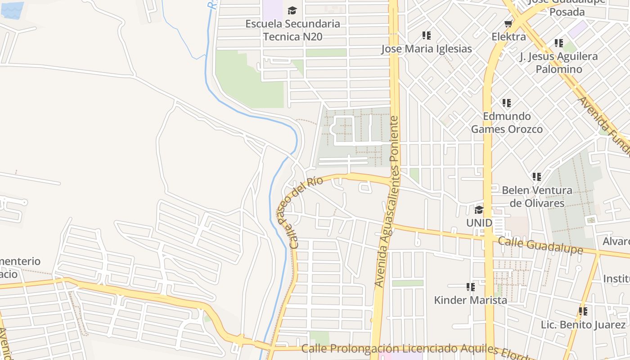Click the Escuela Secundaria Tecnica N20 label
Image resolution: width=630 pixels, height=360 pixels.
[x=292, y=30]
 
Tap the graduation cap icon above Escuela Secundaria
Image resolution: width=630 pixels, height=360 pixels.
[x=292, y=10]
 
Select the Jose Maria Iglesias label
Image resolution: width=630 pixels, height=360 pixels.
[x=427, y=49]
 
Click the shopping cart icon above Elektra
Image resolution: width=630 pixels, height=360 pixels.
[x=508, y=23]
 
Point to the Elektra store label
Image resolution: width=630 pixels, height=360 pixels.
[x=508, y=36]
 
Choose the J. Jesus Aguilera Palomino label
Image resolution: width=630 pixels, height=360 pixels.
[x=558, y=63]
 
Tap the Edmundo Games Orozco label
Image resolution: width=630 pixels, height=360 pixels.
[x=507, y=122]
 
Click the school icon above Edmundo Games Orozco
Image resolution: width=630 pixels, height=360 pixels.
[x=507, y=103]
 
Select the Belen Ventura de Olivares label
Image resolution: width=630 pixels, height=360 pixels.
[x=537, y=197]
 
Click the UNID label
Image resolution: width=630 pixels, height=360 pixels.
[x=479, y=223]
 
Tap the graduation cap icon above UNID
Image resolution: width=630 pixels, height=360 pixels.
[x=479, y=210]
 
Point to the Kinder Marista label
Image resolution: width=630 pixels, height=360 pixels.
[x=470, y=300]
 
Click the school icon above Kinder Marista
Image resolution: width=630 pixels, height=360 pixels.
[x=471, y=287]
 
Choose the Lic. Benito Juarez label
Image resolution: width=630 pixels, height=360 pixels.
[x=583, y=324]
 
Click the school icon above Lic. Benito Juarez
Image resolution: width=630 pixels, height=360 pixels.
[x=583, y=311]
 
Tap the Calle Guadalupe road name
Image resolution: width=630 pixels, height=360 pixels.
[x=540, y=246]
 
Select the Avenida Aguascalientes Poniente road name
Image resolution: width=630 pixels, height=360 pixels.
[x=388, y=202]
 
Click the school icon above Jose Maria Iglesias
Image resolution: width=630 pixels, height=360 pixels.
[x=427, y=36]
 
